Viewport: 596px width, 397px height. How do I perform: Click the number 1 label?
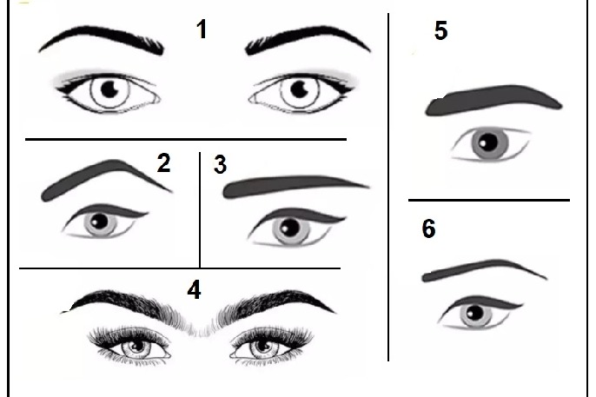(202, 30)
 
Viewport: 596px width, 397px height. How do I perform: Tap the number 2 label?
(163, 162)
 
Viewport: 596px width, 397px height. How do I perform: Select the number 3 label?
(221, 164)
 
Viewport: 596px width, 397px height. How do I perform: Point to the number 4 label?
(194, 290)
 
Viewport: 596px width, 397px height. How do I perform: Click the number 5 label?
(441, 30)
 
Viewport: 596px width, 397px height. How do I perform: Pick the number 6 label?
(429, 228)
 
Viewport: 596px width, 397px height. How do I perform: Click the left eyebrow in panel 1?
(102, 37)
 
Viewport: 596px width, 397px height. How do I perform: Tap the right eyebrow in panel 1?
(308, 37)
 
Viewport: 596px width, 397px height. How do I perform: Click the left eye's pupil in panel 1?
(109, 89)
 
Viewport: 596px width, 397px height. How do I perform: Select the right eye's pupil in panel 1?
(300, 89)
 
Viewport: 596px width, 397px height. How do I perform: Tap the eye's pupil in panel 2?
(100, 222)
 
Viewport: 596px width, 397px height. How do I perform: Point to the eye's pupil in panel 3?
(289, 228)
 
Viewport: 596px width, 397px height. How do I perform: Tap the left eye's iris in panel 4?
(136, 346)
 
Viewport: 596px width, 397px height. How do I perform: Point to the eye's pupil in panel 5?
(488, 142)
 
